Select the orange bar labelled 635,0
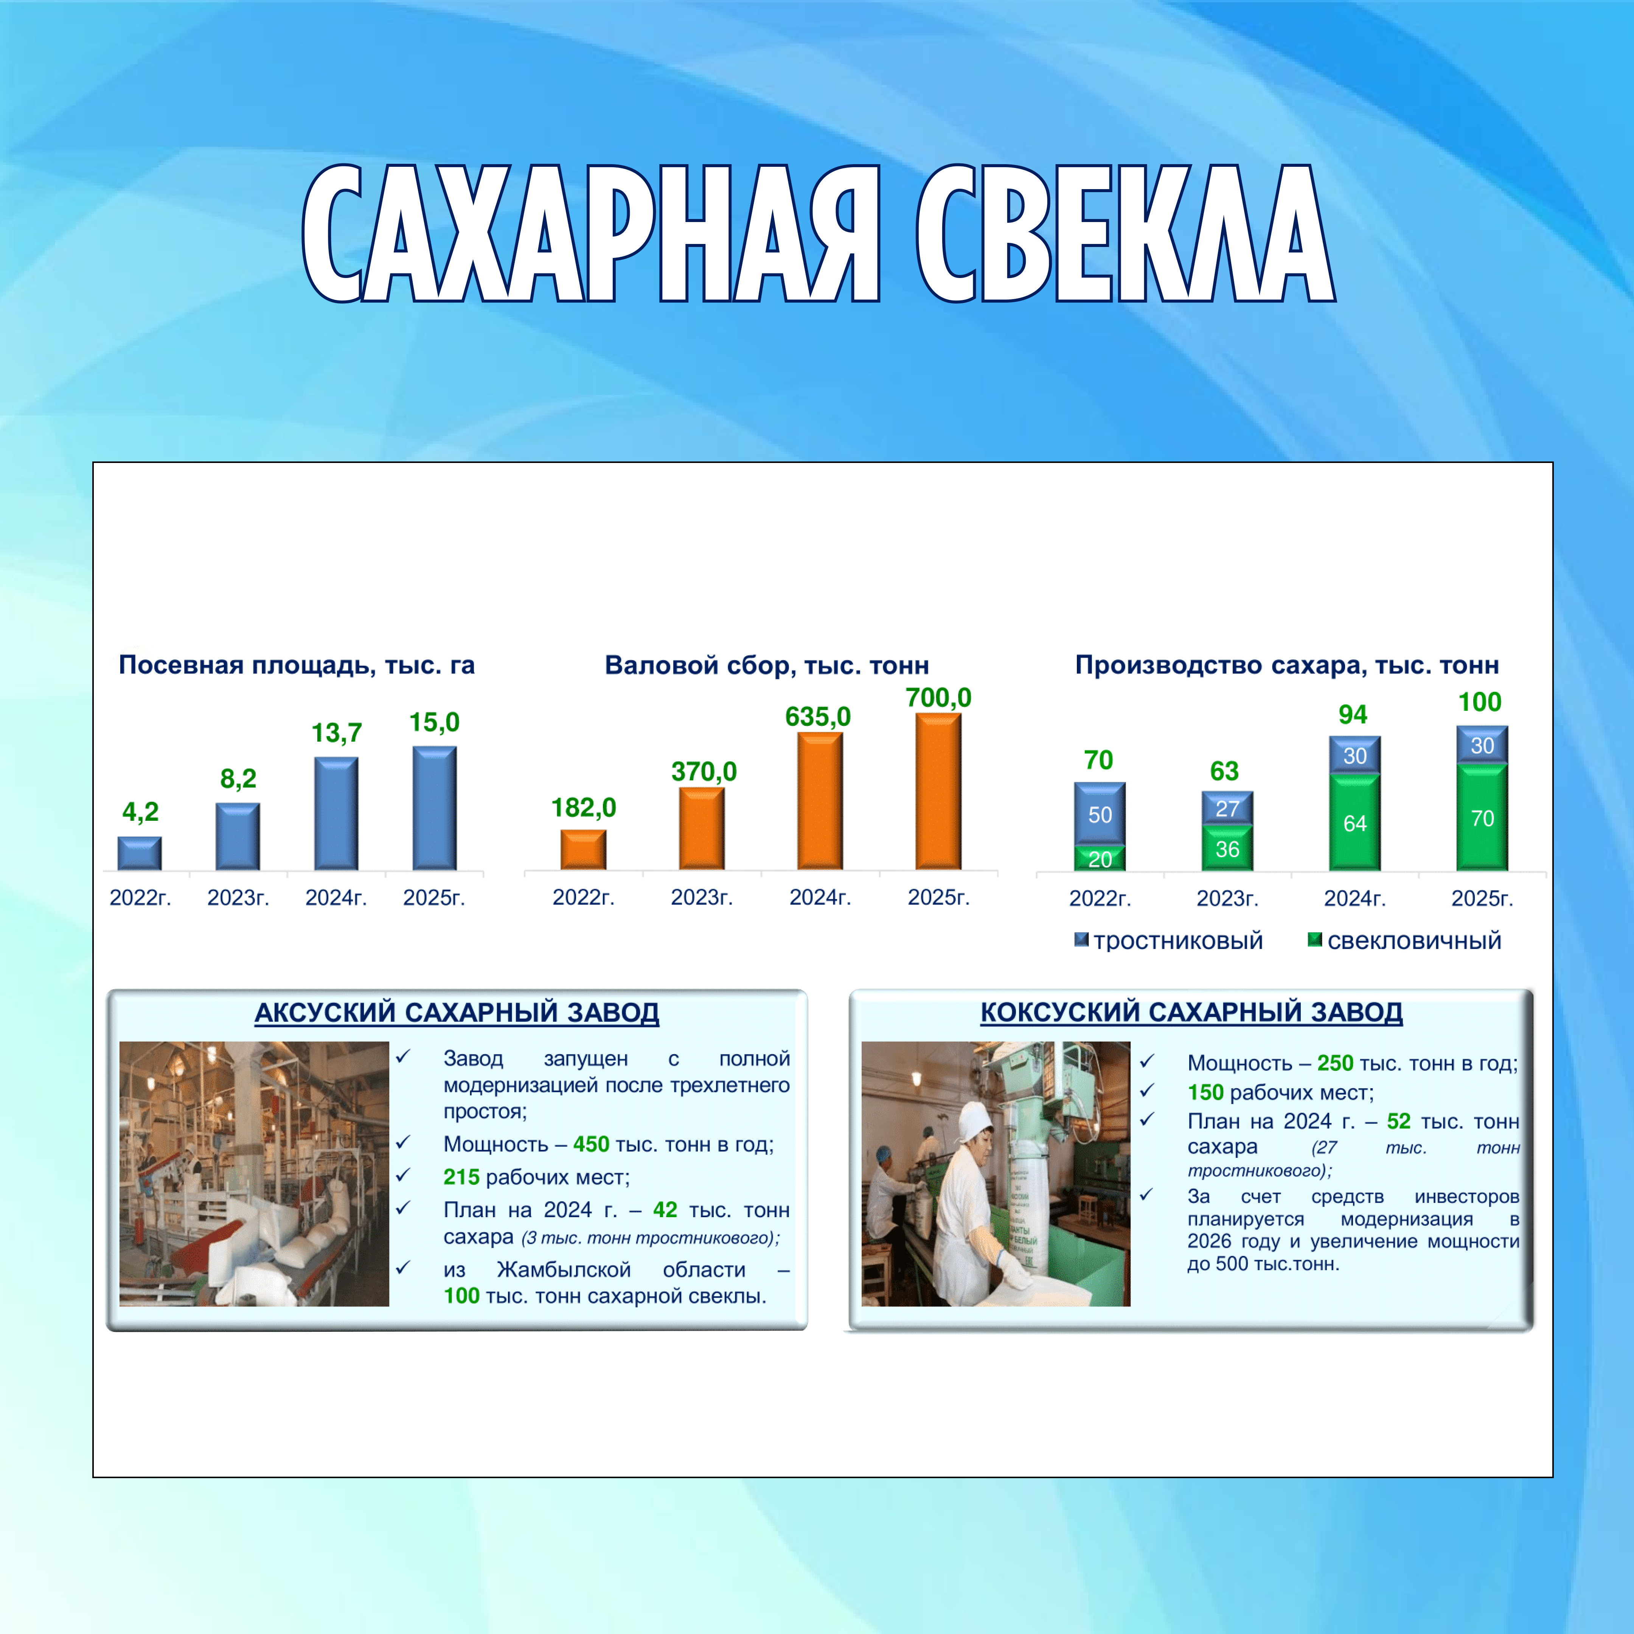click(820, 801)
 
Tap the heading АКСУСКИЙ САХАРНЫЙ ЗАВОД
click(457, 1013)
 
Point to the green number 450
click(591, 1144)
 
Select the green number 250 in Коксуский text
click(1336, 1063)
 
